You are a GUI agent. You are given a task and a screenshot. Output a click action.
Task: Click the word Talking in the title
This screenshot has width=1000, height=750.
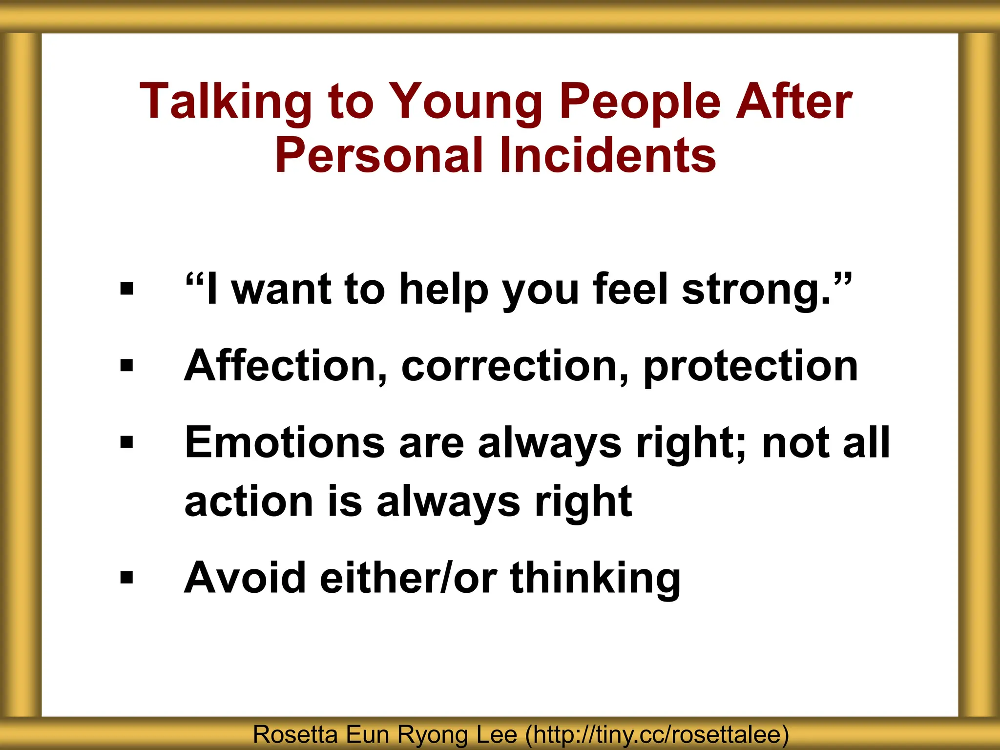coord(225,102)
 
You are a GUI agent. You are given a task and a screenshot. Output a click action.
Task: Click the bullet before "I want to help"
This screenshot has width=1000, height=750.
coord(126,289)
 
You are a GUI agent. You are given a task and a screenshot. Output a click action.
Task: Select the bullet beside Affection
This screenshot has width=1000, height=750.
coord(126,365)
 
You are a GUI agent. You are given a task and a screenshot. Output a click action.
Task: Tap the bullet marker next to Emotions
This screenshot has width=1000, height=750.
coord(126,442)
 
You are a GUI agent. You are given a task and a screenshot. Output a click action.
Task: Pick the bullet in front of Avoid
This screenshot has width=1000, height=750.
coord(126,578)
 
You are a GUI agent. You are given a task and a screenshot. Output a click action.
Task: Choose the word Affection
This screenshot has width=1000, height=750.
coord(286,366)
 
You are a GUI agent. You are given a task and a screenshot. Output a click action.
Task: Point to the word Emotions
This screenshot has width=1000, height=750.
coord(285,442)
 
